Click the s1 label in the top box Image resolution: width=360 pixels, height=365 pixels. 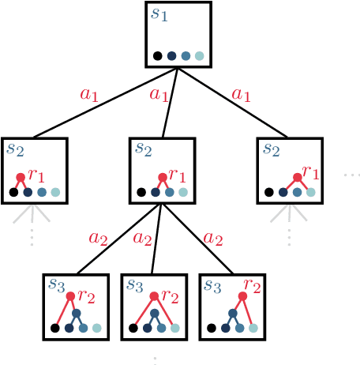[x=159, y=14]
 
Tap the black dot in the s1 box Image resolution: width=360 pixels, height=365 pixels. [x=158, y=56]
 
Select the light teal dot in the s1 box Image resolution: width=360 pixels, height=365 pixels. [x=200, y=56]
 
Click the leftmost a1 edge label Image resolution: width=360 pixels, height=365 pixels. [x=89, y=95]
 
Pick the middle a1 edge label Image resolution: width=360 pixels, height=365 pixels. [x=159, y=96]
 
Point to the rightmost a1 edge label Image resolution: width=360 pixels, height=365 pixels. [x=241, y=95]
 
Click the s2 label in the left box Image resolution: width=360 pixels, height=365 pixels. [x=15, y=149]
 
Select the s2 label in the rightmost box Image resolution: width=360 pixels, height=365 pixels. [x=271, y=149]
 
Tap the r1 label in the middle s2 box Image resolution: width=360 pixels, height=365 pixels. [x=178, y=175]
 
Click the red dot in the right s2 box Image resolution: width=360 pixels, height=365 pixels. [x=298, y=178]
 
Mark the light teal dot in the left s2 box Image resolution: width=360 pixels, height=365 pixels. [x=55, y=192]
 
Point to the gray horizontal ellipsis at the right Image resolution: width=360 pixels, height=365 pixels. [x=351, y=175]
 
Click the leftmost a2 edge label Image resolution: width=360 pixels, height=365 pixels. [x=97, y=238]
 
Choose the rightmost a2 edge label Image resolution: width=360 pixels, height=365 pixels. [x=212, y=238]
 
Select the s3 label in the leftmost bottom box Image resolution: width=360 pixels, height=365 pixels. [x=56, y=284]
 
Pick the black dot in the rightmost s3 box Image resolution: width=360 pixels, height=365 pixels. [x=212, y=328]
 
